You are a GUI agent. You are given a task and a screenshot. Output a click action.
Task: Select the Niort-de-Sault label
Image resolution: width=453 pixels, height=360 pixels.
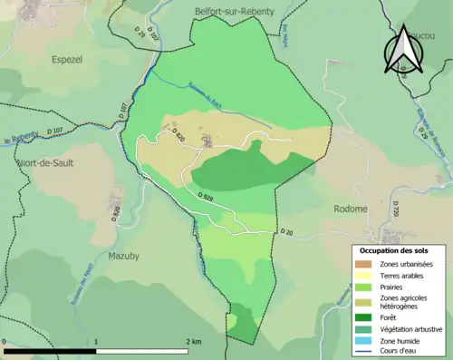(x=44, y=163)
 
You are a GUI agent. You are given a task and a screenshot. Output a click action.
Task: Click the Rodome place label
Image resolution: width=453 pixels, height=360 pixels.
(x=351, y=209)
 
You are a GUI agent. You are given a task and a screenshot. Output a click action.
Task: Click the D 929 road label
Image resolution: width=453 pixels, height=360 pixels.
(x=205, y=196)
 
